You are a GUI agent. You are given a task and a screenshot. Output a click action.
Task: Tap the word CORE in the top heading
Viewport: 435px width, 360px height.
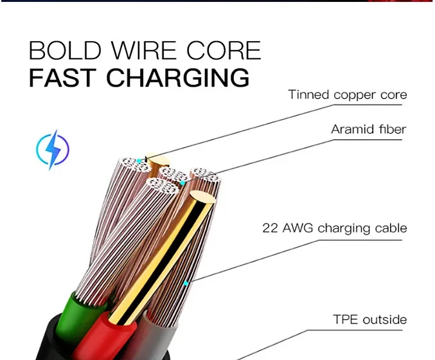click(227, 51)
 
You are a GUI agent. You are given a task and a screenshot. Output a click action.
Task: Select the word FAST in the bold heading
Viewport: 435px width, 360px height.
click(62, 77)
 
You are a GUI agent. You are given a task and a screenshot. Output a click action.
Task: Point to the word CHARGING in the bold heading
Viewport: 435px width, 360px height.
click(177, 77)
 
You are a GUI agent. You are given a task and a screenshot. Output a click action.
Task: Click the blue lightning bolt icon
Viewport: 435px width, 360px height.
click(52, 150)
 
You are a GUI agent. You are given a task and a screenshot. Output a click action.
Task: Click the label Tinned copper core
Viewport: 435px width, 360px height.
click(347, 95)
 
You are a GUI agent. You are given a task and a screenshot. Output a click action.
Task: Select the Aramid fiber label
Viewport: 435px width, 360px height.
click(368, 130)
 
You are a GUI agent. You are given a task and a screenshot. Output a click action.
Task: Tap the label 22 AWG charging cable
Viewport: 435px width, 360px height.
click(334, 228)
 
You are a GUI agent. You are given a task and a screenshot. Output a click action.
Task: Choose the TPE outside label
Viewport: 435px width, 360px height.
click(369, 319)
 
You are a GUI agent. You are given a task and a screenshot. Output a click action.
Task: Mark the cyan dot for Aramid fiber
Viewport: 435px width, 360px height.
click(182, 183)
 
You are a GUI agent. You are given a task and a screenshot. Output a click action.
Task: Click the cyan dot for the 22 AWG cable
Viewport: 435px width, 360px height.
click(186, 283)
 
